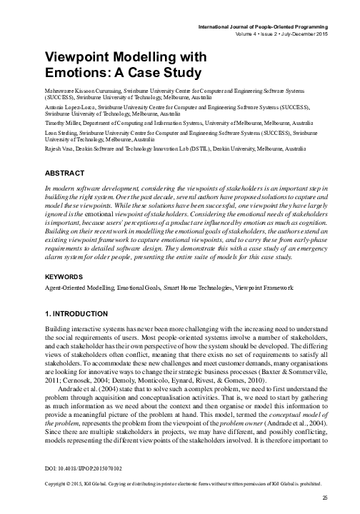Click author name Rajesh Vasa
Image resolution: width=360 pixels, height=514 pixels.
(x=59, y=147)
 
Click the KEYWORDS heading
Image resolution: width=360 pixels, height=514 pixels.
(x=69, y=277)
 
